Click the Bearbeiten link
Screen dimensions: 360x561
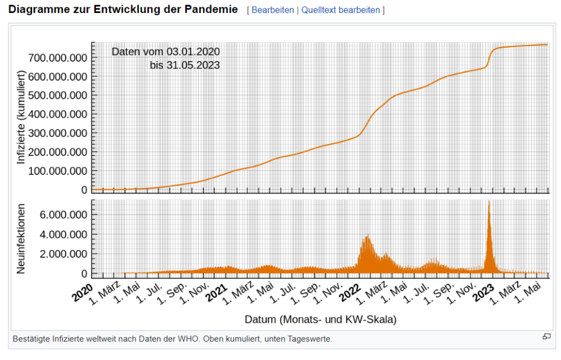[273, 11]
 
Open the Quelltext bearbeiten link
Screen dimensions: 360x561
[341, 11]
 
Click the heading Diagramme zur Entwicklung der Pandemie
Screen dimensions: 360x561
[123, 10]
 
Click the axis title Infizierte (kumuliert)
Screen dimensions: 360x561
[21, 117]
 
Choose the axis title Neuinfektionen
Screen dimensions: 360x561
[21, 238]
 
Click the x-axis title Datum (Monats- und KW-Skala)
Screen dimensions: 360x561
[320, 320]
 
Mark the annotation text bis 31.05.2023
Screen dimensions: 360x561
[185, 65]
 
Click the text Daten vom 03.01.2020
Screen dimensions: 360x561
[165, 52]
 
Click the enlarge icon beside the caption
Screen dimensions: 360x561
[546, 336]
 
